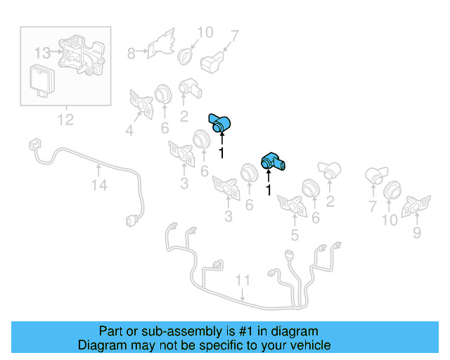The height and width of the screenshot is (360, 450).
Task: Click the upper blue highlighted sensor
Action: (220, 122)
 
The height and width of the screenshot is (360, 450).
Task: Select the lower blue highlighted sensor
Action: (274, 162)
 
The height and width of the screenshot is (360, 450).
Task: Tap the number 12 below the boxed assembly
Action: (65, 120)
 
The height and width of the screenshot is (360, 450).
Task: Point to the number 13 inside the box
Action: (42, 53)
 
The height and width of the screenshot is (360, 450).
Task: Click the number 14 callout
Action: (98, 186)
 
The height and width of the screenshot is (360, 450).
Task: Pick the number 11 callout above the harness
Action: (242, 281)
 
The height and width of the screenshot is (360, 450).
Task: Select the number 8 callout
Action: (131, 53)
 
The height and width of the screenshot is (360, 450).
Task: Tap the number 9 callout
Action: (417, 232)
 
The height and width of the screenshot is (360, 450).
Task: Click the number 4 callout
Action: (129, 129)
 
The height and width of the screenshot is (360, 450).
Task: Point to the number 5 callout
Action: (294, 236)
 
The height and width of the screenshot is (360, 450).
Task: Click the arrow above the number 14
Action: (98, 169)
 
